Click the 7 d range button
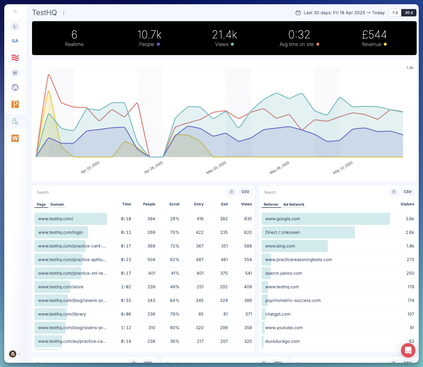[x=395, y=13]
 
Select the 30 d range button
[x=408, y=13]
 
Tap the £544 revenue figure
[x=374, y=35]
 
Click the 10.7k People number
[x=149, y=35]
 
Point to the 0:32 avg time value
[x=299, y=35]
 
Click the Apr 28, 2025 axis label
[x=153, y=167]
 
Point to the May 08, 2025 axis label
[x=279, y=167]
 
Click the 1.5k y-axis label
[x=410, y=68]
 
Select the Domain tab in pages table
[x=57, y=205]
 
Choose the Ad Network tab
[x=294, y=205]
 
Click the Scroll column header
[x=174, y=204]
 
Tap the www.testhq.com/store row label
[x=61, y=287]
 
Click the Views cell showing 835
[x=248, y=219]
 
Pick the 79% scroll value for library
[x=175, y=314]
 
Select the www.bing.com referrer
[x=280, y=246]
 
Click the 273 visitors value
[x=410, y=260]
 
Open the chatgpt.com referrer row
[x=278, y=314]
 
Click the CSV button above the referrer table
[x=407, y=192]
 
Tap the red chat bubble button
[x=408, y=350]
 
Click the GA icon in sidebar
[x=15, y=41]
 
